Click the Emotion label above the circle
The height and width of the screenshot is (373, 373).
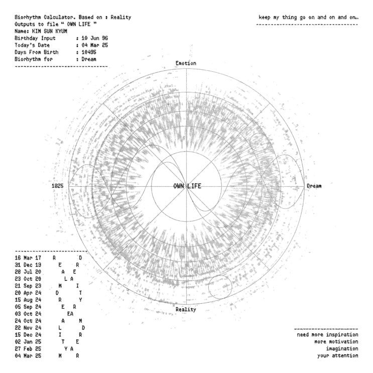click(186, 63)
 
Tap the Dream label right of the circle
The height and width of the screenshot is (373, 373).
click(314, 186)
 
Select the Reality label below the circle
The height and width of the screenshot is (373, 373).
click(186, 309)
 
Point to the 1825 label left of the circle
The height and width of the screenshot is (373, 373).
click(58, 186)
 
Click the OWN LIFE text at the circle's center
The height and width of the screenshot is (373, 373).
click(187, 186)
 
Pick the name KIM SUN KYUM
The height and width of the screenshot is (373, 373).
click(50, 31)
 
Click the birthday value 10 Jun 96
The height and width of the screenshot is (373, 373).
click(95, 38)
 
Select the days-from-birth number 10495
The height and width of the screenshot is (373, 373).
click(89, 52)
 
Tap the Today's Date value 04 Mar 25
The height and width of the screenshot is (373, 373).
click(95, 45)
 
